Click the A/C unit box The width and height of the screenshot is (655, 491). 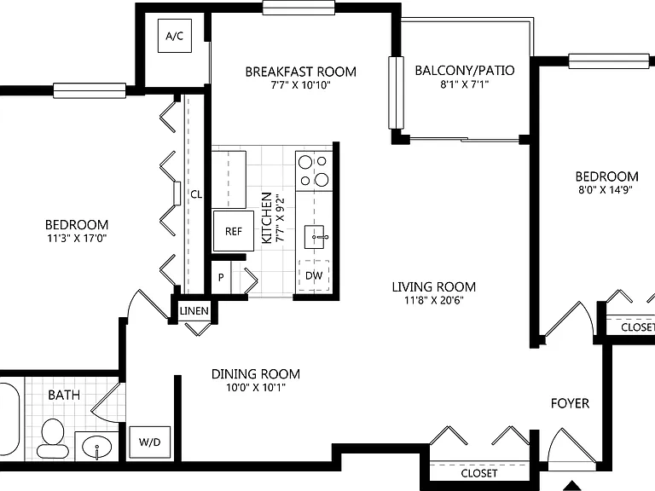click(175, 36)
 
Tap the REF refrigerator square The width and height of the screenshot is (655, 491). click(234, 231)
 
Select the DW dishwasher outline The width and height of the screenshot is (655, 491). click(314, 275)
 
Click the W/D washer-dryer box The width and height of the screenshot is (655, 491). click(149, 442)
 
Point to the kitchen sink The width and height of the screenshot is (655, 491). click(315, 237)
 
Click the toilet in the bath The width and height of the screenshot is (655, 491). click(53, 438)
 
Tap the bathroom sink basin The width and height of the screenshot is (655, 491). click(97, 448)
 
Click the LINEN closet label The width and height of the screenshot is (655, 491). click(194, 311)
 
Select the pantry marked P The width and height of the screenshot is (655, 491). click(221, 277)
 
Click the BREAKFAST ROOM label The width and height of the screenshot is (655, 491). click(301, 72)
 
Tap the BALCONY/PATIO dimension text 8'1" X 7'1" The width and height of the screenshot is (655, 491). click(465, 84)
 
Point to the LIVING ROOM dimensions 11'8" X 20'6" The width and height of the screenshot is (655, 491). click(434, 300)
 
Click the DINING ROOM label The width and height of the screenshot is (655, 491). click(256, 373)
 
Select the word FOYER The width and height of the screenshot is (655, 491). click(570, 403)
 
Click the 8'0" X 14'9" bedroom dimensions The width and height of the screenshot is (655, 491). click(606, 189)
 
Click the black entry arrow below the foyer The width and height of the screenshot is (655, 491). click(572, 486)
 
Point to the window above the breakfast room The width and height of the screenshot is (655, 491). click(299, 8)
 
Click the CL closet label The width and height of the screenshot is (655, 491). click(196, 194)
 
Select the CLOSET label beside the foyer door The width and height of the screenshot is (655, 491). click(479, 473)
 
